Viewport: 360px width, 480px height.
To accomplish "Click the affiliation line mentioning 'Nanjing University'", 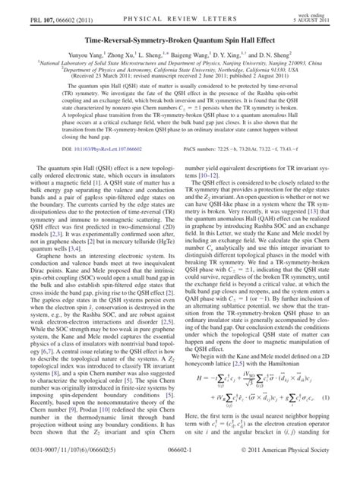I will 180,66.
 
